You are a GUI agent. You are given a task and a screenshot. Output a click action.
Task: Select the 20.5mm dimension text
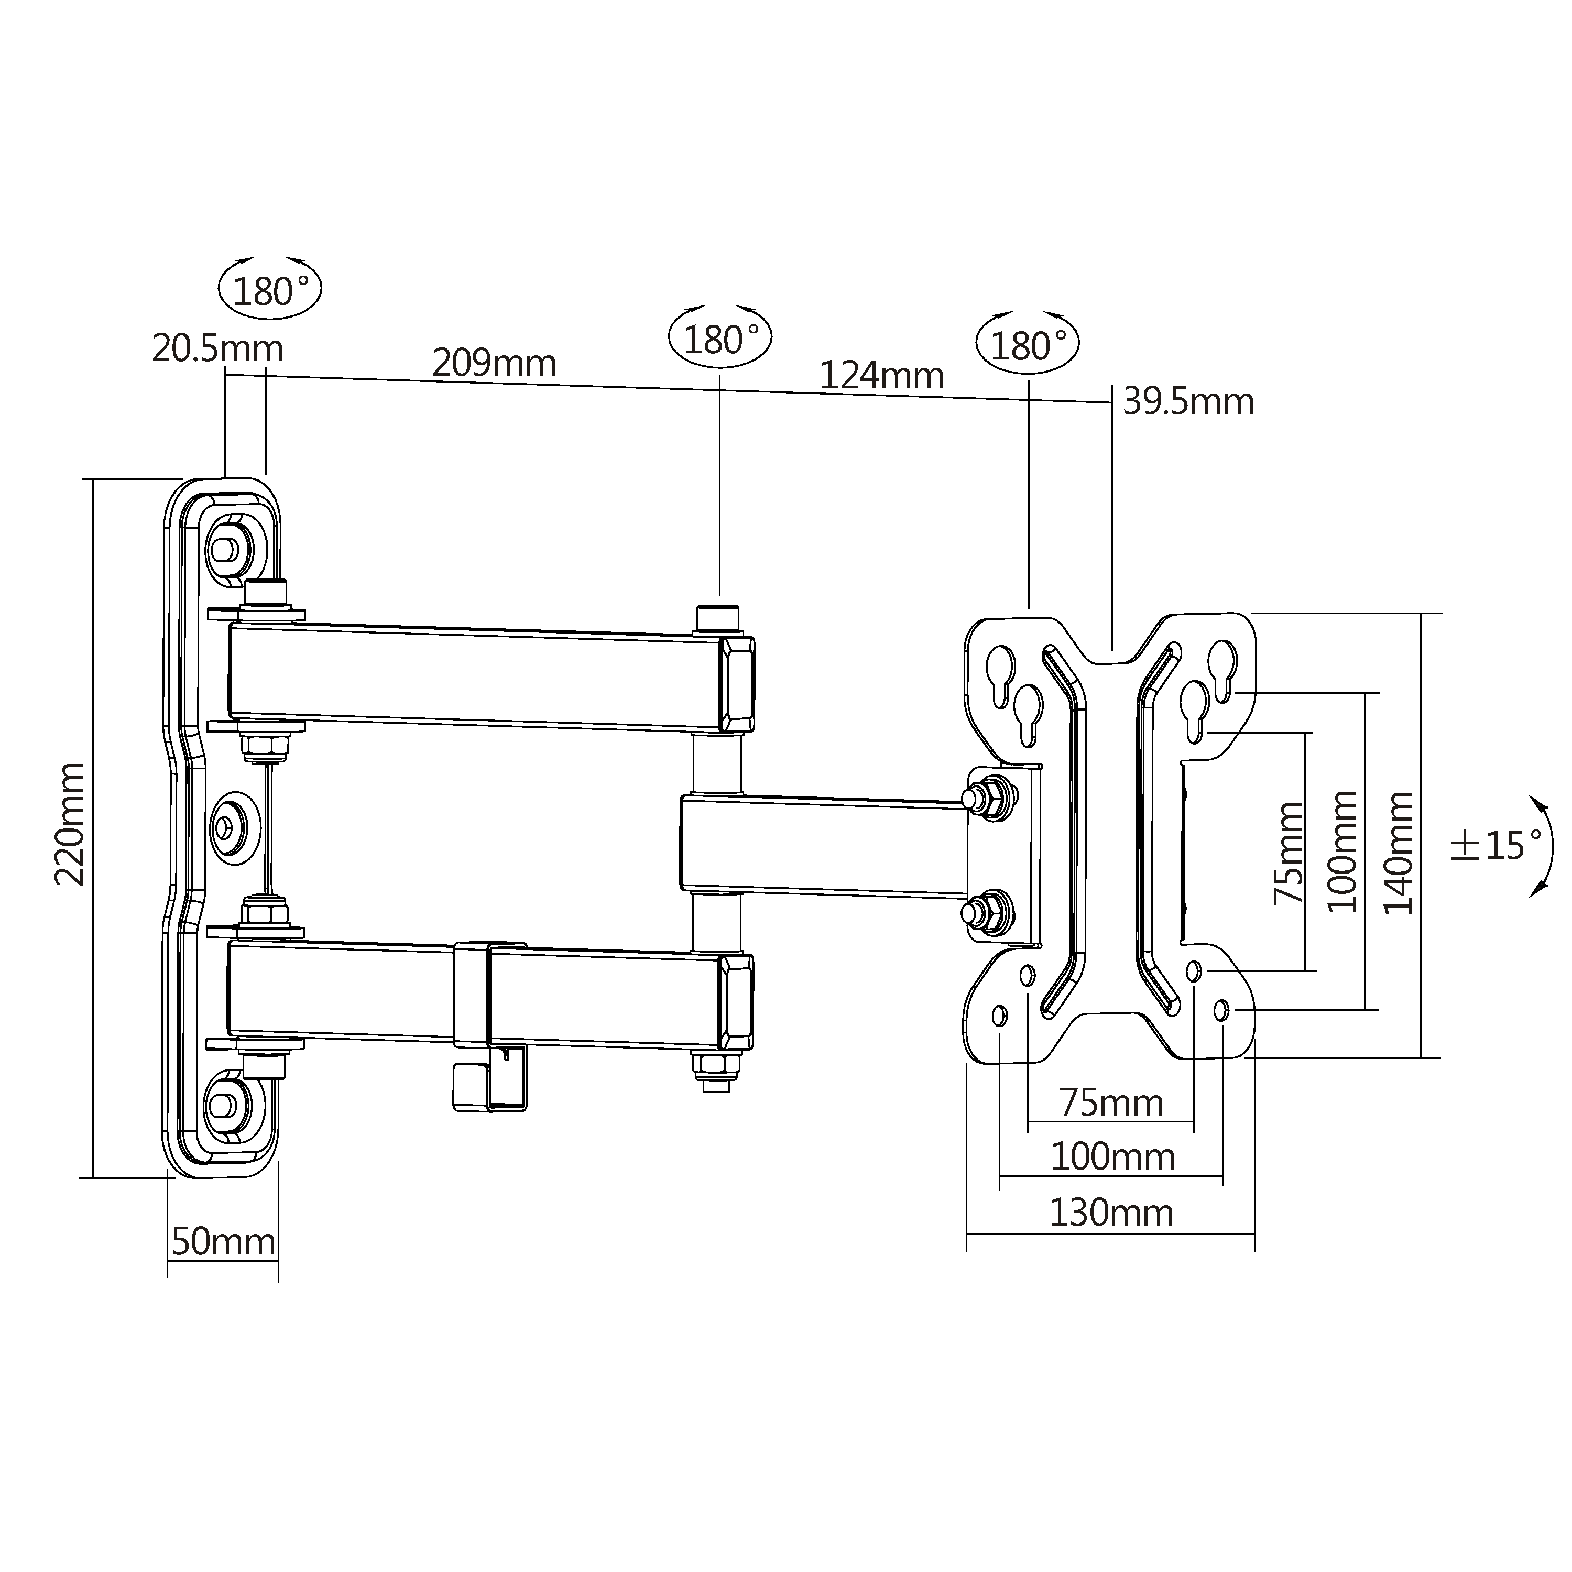pos(217,349)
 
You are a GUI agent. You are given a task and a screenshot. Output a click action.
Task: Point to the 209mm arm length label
pos(494,363)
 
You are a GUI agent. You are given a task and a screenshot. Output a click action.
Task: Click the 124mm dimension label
pos(881,376)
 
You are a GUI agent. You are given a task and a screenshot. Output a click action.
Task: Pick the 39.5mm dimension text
pos(1188,402)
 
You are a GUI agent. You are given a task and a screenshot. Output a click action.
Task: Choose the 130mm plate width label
pos(1111,1213)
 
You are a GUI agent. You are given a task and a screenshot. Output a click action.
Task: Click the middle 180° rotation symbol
pos(720,339)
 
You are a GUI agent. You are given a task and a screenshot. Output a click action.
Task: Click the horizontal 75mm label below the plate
pos(1111,1104)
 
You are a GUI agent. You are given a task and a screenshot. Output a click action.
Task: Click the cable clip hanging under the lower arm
pos(490,1078)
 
